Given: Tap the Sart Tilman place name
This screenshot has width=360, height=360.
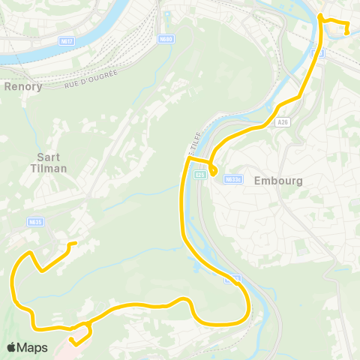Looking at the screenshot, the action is (x=51, y=163).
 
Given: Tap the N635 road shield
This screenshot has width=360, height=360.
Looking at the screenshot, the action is (x=35, y=221).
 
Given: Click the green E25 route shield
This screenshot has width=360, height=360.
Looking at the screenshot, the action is (x=199, y=175).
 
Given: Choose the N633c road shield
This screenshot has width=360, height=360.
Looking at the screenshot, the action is (x=233, y=178).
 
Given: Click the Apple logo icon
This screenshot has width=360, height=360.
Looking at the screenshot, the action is (x=12, y=347).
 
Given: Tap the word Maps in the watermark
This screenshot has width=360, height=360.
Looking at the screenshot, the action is (x=33, y=347).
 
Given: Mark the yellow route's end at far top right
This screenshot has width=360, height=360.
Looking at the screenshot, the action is (x=346, y=31).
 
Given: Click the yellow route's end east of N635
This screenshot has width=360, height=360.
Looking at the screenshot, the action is (x=74, y=244).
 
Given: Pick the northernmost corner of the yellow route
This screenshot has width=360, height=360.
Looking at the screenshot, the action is (x=320, y=16).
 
